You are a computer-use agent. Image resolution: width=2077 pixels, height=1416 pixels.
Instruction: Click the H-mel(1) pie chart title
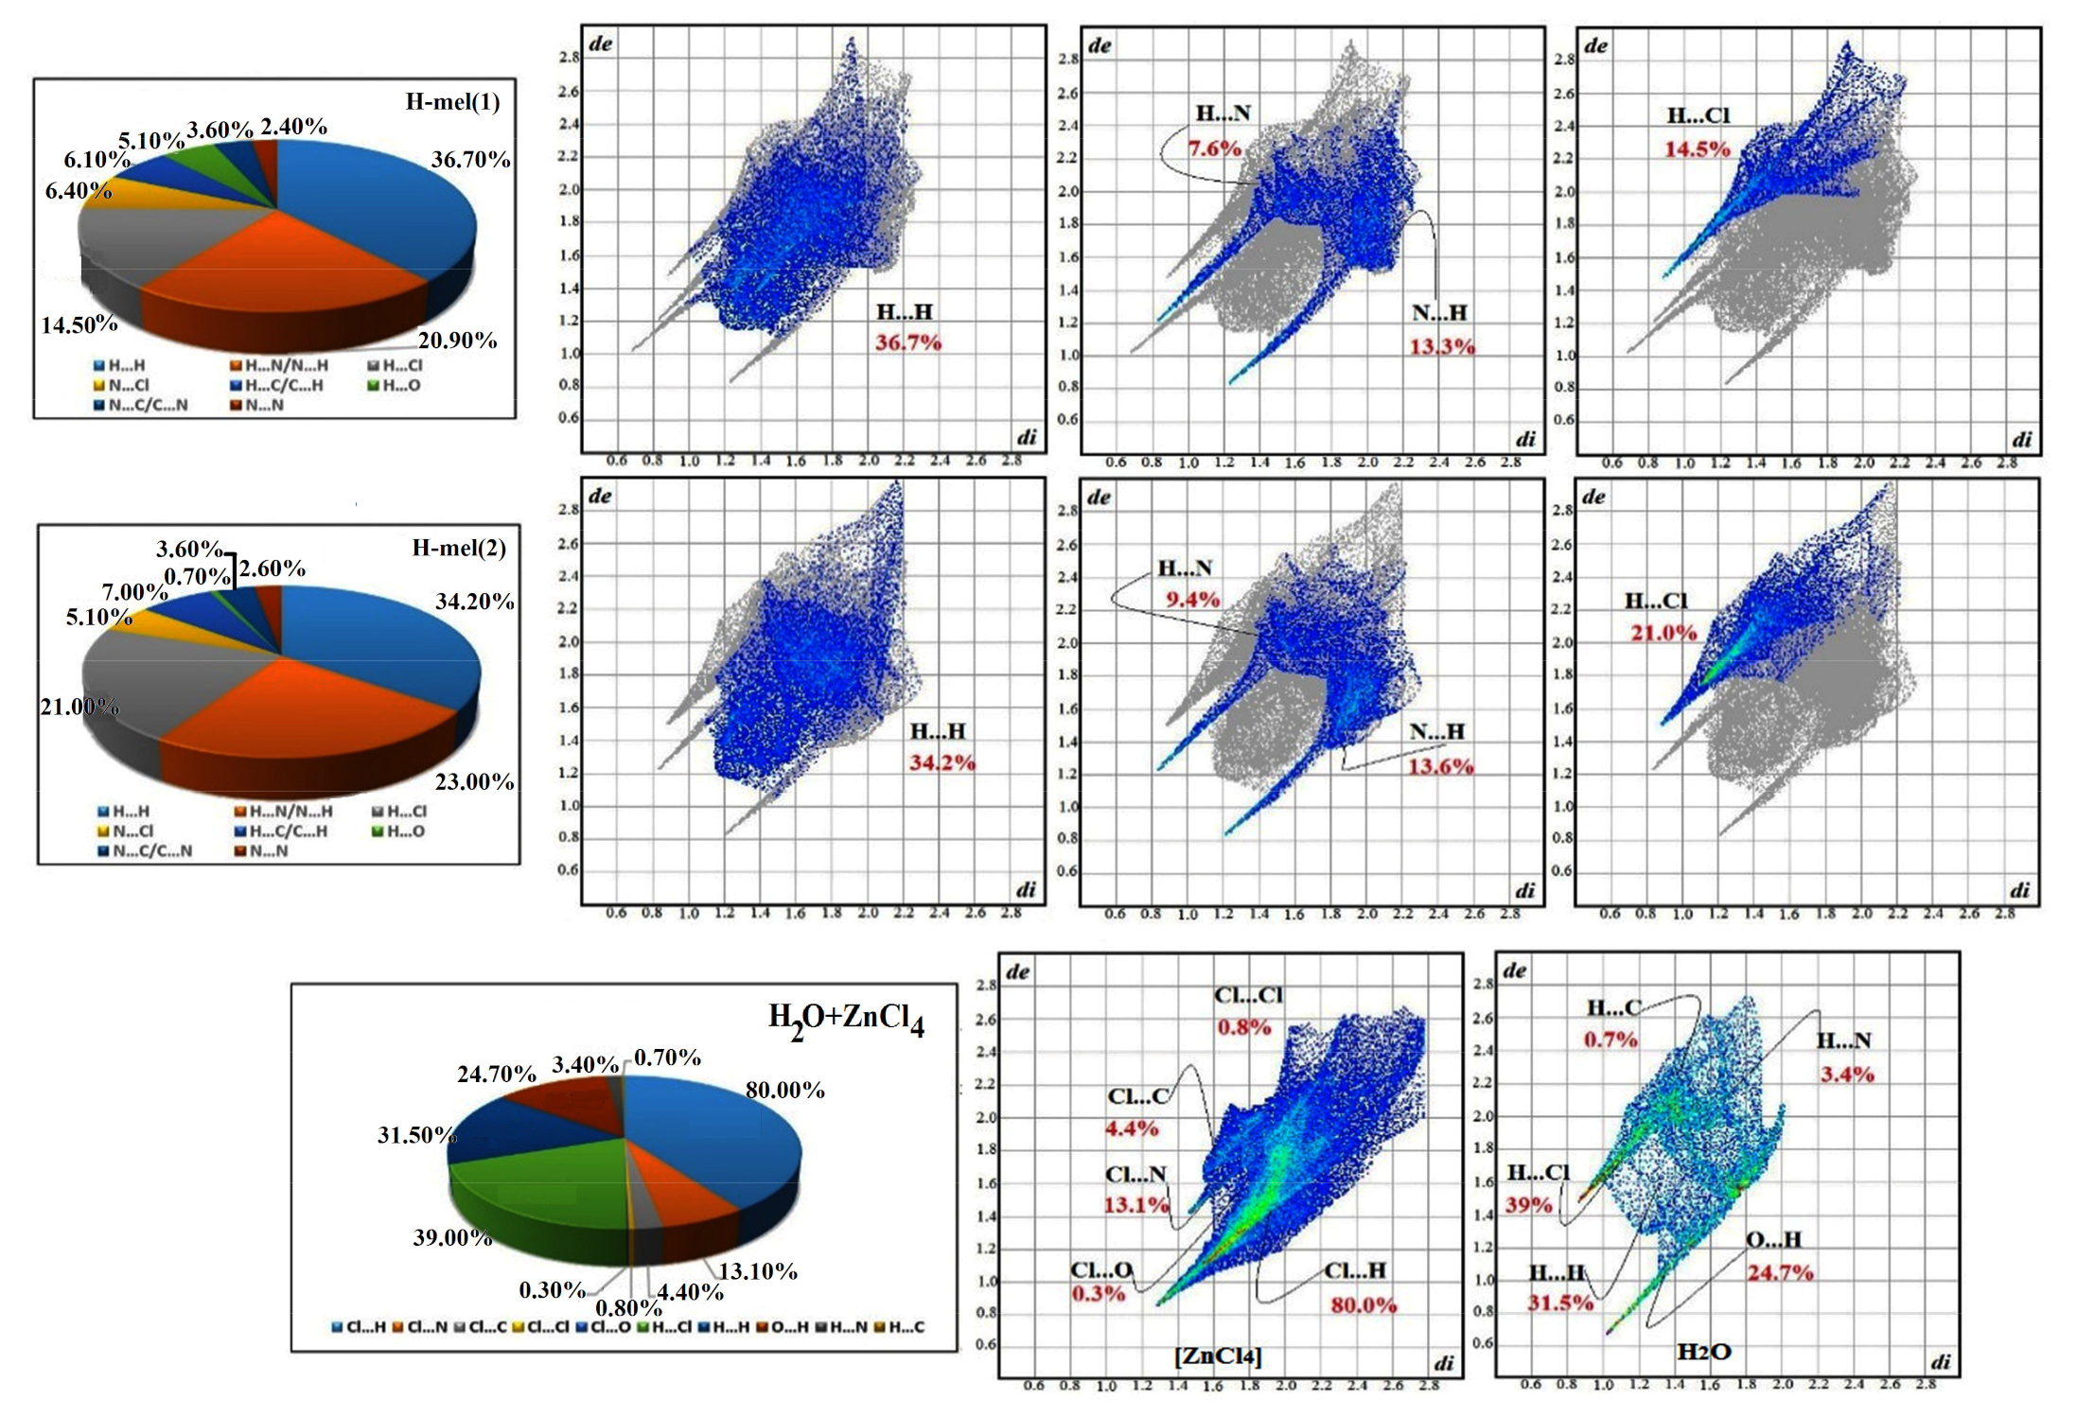(452, 102)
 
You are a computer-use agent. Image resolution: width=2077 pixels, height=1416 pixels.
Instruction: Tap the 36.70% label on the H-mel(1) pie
(470, 160)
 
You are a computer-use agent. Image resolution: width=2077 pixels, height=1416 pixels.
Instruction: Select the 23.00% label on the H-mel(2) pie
(474, 781)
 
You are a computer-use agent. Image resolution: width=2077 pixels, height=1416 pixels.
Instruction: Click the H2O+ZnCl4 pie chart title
(846, 1020)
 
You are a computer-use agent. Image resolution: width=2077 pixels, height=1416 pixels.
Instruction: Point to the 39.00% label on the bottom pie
(452, 1237)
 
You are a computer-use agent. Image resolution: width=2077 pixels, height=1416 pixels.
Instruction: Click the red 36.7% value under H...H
(907, 343)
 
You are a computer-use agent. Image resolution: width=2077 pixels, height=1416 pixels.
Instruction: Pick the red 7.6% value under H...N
(1214, 149)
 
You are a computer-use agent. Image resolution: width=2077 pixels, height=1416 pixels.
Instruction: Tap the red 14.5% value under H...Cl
(1697, 149)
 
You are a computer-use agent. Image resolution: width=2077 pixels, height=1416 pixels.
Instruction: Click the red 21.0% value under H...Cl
(1663, 633)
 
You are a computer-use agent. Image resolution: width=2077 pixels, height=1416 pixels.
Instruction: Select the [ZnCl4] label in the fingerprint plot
(1218, 1355)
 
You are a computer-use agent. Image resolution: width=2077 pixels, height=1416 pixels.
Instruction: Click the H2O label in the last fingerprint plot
(1703, 1352)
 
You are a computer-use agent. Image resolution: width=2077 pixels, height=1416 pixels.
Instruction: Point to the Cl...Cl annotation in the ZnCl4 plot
(1248, 995)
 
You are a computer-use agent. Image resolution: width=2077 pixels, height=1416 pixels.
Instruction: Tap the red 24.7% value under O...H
(1780, 1273)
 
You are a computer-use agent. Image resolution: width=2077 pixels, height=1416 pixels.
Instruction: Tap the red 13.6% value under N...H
(1440, 766)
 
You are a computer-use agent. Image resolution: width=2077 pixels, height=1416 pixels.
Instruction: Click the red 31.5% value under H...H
(1559, 1303)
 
